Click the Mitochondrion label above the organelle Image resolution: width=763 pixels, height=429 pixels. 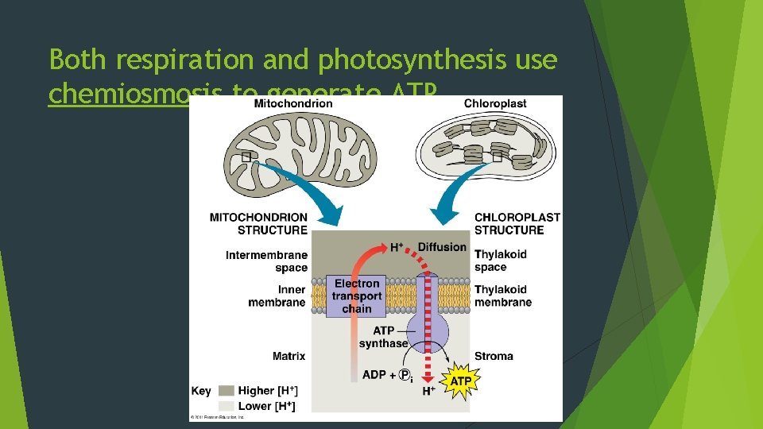click(293, 103)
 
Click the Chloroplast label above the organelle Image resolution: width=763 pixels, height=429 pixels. click(494, 103)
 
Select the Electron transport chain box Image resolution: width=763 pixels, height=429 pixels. click(357, 296)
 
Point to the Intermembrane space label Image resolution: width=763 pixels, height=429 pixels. click(266, 261)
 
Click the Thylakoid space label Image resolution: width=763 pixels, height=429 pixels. click(501, 261)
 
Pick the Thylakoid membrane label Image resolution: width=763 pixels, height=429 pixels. click(503, 296)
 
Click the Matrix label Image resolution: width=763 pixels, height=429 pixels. click(289, 356)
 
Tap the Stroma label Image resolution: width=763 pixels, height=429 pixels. click(494, 356)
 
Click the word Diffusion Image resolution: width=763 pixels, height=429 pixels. click(442, 247)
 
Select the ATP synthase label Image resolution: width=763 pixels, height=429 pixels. click(383, 337)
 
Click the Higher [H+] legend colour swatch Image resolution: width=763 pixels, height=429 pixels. click(226, 391)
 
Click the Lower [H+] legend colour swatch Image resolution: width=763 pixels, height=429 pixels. click(226, 406)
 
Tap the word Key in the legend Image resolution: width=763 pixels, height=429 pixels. click(201, 391)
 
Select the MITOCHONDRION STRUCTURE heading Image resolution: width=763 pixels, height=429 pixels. click(258, 223)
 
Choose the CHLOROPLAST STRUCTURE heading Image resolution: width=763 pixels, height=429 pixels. click(517, 223)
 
